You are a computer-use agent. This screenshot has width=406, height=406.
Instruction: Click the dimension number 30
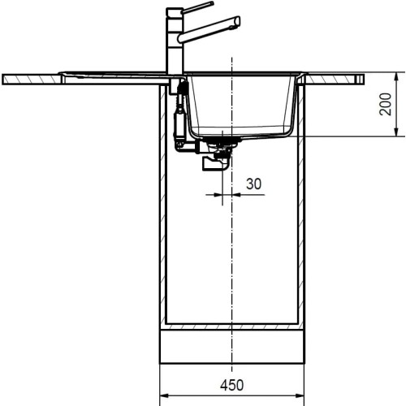click(253, 184)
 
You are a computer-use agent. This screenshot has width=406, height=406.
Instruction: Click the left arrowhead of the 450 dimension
click(163, 396)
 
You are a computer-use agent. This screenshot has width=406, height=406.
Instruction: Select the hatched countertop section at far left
click(32, 79)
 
